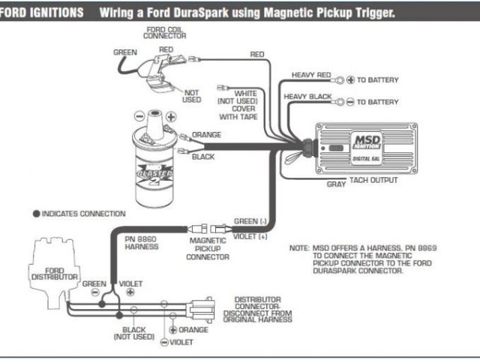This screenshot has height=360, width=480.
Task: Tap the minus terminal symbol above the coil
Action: (138, 117)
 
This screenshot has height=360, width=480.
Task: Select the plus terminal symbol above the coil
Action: (171, 117)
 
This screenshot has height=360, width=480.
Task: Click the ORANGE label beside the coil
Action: (206, 135)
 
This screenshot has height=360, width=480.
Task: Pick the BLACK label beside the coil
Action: (203, 157)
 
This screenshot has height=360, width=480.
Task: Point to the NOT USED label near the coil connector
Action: (191, 95)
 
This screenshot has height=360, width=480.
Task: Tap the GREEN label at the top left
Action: (124, 53)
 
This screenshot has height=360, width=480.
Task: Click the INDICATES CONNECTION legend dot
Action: (36, 214)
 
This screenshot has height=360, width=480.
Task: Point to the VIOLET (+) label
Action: (251, 236)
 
